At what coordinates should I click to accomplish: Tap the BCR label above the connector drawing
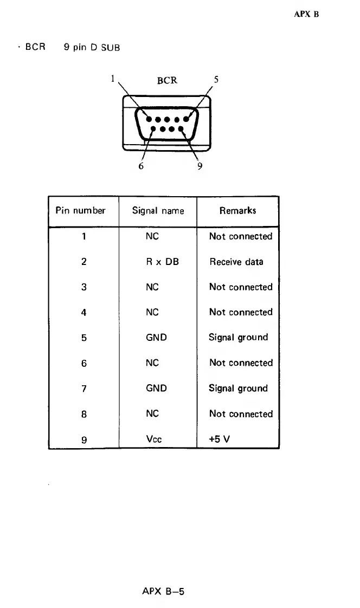click(x=167, y=80)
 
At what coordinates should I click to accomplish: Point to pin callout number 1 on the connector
click(x=113, y=79)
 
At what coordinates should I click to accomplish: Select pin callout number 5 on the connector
click(x=216, y=79)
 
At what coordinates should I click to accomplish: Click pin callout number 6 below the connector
click(x=141, y=166)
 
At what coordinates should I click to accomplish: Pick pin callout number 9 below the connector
click(x=200, y=166)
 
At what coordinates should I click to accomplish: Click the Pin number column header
click(x=80, y=210)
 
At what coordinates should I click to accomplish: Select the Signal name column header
click(x=158, y=211)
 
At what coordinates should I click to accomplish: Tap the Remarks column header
click(x=238, y=210)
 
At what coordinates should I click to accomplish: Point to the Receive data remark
click(x=236, y=262)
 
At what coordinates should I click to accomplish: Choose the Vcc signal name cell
click(x=153, y=439)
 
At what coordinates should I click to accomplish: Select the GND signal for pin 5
click(x=156, y=337)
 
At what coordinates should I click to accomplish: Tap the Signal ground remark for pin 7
click(x=239, y=388)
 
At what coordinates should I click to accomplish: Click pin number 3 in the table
click(x=84, y=287)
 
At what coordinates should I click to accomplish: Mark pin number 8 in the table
click(x=84, y=413)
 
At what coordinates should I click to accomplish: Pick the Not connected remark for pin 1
click(x=241, y=236)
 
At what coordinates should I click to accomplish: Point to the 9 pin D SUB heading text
click(x=92, y=47)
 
